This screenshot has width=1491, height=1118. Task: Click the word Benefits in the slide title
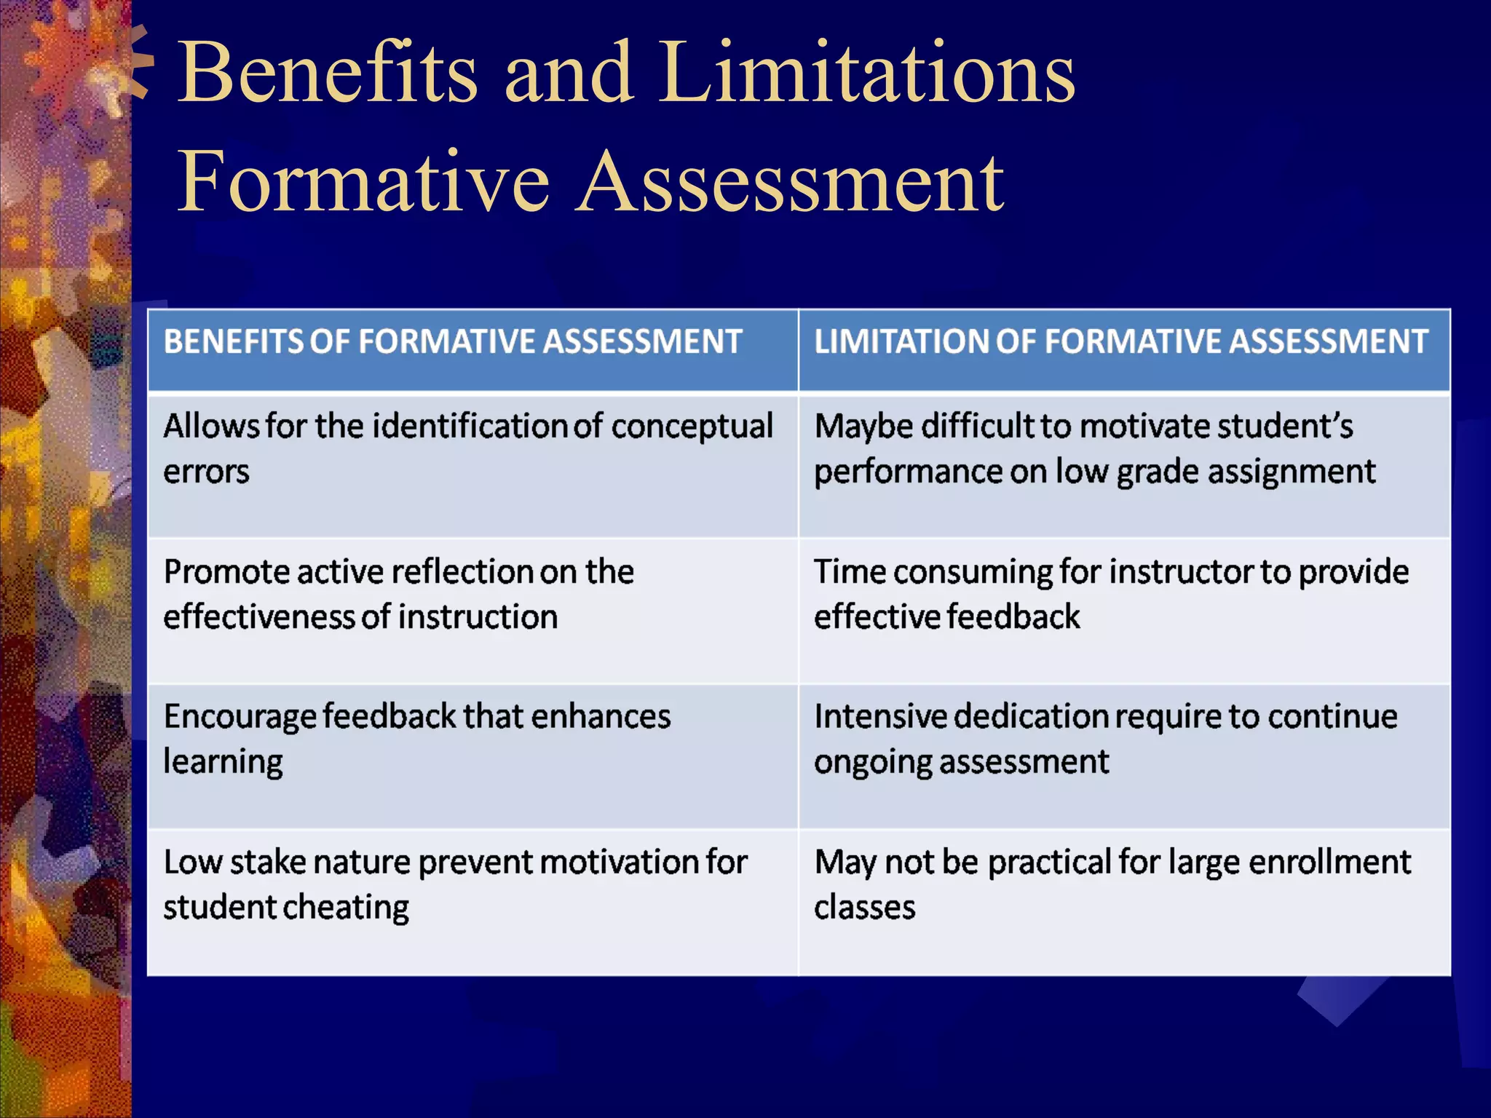(x=328, y=72)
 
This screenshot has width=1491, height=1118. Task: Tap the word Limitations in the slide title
(x=868, y=72)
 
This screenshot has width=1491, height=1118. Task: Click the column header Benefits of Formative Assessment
(x=453, y=341)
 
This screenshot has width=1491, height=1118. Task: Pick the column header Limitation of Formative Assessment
(x=1120, y=341)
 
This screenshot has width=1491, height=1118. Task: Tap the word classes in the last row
(x=864, y=908)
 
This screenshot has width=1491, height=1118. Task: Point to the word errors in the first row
(x=206, y=472)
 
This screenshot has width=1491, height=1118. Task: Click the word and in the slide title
(x=569, y=72)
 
